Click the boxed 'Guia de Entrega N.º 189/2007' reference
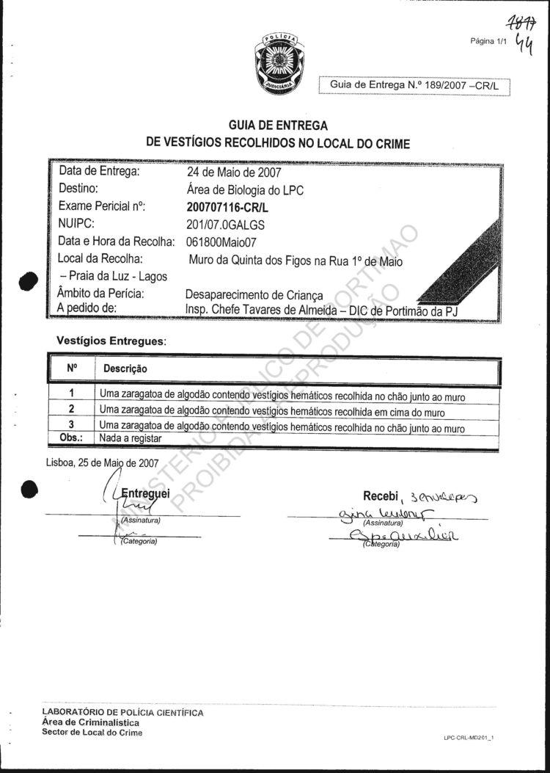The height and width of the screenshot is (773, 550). pos(414,85)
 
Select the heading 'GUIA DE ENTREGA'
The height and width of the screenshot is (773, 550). pos(278,126)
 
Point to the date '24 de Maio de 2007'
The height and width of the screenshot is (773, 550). pos(234,174)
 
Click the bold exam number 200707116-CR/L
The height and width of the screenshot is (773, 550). pos(228,207)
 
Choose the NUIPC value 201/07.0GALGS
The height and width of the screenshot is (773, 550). pos(226,224)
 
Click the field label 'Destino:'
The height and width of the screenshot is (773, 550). pos(84,189)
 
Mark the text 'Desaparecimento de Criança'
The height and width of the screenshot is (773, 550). pos(254,294)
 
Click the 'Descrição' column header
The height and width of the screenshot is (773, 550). pos(125,368)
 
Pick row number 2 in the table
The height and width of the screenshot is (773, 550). pos(72,409)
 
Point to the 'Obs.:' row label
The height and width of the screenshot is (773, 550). pos(71,438)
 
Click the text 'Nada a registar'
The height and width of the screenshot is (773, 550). pos(131,438)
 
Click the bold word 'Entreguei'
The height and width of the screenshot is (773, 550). pos(146,493)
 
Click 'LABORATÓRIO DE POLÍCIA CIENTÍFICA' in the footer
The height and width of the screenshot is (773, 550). pos(123,713)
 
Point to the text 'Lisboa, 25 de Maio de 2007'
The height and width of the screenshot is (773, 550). pos(102,463)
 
